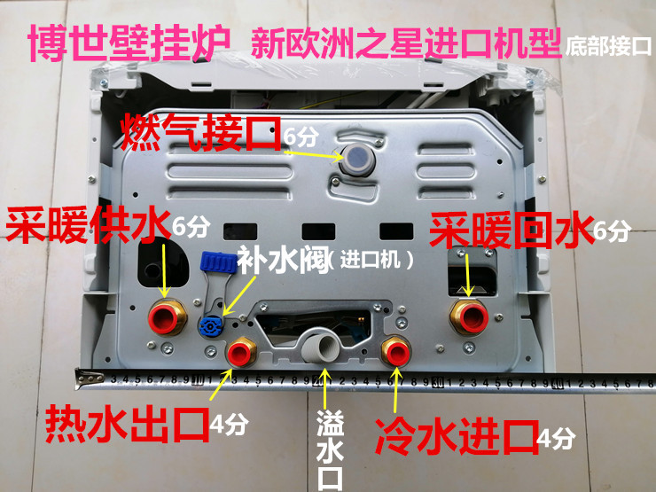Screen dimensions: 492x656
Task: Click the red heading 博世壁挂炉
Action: pos(121,42)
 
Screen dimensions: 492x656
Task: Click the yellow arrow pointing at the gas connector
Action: pos(311,152)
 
